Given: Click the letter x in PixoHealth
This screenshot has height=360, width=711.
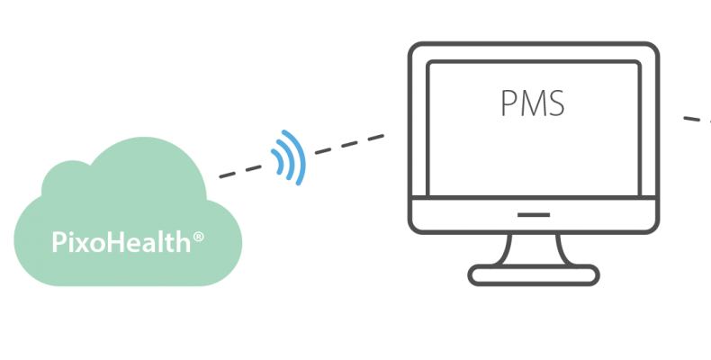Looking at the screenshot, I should tap(77, 243).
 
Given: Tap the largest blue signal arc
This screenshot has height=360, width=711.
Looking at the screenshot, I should tap(301, 157).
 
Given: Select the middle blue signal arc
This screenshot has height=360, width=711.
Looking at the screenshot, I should tap(289, 158).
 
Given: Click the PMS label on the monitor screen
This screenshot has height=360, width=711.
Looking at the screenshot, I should tap(533, 103).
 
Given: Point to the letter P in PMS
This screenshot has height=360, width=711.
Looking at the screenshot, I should tap(508, 103).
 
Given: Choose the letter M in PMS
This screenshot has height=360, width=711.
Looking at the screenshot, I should tap(531, 103).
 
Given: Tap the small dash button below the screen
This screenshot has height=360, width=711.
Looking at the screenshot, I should tap(535, 215).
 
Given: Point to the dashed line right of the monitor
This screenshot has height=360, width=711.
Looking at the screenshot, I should tap(696, 120).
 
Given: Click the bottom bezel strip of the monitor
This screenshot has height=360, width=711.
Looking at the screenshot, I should tap(468, 215).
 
